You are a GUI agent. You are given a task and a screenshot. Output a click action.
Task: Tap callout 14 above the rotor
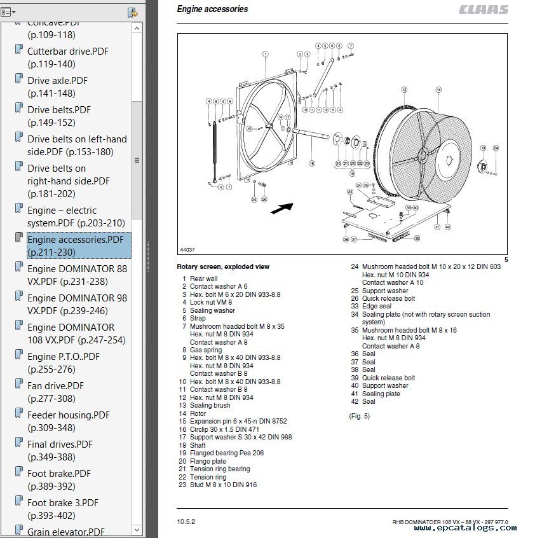click(438, 90)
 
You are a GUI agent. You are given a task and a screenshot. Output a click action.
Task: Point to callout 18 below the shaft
click(312, 163)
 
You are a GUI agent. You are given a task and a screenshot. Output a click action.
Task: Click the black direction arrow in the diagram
click(281, 208)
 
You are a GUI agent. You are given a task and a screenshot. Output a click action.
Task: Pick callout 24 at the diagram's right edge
click(496, 148)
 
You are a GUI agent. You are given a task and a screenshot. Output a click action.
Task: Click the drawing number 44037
click(187, 250)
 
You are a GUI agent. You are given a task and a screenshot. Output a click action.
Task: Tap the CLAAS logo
click(484, 10)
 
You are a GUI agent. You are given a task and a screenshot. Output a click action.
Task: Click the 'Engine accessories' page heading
click(212, 10)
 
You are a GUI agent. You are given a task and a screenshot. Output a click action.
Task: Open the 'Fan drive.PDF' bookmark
click(55, 385)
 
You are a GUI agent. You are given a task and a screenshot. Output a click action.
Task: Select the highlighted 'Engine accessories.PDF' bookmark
click(76, 240)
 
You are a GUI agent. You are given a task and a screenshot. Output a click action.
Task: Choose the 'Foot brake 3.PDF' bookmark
click(63, 502)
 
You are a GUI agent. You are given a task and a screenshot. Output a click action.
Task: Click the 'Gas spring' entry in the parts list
click(206, 350)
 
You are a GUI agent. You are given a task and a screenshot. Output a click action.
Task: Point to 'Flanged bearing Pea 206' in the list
click(226, 453)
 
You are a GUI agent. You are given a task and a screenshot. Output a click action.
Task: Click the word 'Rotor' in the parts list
click(198, 413)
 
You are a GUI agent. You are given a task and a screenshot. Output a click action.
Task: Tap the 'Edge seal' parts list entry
click(376, 306)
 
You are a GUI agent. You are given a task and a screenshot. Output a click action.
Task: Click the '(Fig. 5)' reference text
click(359, 416)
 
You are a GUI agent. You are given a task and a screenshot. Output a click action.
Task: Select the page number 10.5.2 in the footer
click(186, 521)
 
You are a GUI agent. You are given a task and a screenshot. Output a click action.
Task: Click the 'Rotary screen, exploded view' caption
click(222, 267)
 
